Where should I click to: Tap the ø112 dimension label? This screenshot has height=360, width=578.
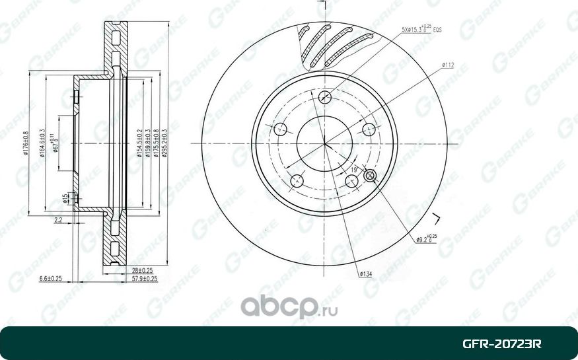(x=449, y=65)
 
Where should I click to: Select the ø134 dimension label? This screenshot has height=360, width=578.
(x=367, y=273)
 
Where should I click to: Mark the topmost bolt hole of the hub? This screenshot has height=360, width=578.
(x=324, y=97)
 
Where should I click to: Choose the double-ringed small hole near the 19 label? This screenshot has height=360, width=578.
(x=370, y=175)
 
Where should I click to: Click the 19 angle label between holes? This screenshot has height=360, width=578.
(x=354, y=170)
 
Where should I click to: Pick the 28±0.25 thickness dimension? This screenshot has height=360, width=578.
(x=141, y=270)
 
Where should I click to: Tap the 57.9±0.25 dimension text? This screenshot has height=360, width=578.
(x=144, y=279)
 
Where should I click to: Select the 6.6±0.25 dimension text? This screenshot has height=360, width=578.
(x=51, y=279)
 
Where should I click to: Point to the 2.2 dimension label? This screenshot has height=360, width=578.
(x=58, y=220)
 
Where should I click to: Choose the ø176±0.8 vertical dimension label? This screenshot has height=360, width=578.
(x=26, y=143)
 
